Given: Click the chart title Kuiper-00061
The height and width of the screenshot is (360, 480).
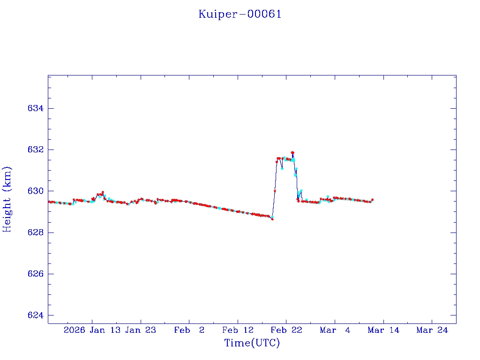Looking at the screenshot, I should [240, 14].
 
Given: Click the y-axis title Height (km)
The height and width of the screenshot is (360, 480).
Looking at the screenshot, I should [7, 199].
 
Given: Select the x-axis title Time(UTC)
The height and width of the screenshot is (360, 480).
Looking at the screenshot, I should [252, 343].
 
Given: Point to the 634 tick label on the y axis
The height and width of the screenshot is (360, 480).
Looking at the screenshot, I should [36, 108].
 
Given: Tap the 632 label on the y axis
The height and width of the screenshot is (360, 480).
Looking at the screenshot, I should [36, 150].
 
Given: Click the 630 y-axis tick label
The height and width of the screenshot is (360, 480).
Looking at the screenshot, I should [36, 191].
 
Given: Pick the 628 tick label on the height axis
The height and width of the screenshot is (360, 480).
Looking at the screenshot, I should [36, 232].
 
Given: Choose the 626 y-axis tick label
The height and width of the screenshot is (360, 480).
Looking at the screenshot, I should [36, 274].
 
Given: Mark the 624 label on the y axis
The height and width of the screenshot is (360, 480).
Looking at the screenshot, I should [36, 315].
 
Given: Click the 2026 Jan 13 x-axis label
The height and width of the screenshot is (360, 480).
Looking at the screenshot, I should [91, 330].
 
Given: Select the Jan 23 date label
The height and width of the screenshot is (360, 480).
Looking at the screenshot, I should [141, 330].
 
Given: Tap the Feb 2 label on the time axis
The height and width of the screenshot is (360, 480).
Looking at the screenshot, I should [189, 330].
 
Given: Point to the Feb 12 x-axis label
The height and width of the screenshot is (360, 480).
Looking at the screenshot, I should [238, 330].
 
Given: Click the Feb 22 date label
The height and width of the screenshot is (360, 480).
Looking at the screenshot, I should [286, 330].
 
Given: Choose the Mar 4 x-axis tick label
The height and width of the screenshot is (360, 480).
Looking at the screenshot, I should [335, 330].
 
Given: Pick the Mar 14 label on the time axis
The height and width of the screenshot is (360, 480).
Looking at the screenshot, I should [383, 330].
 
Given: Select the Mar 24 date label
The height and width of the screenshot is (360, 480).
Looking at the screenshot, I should [432, 330].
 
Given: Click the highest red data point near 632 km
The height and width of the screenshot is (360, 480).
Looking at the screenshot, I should [292, 152].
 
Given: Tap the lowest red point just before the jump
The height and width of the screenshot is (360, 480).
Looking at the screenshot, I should [272, 219].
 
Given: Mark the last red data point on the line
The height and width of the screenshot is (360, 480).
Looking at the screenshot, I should [372, 200].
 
